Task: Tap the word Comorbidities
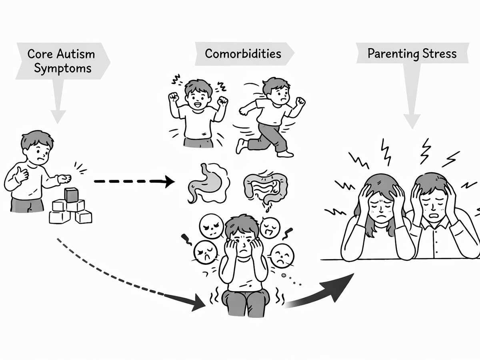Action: pyautogui.click(x=243, y=53)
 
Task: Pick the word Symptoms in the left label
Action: pyautogui.click(x=63, y=68)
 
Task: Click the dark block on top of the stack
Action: pyautogui.click(x=71, y=195)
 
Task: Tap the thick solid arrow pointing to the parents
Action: pyautogui.click(x=324, y=290)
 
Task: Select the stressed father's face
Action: pyautogui.click(x=434, y=202)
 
